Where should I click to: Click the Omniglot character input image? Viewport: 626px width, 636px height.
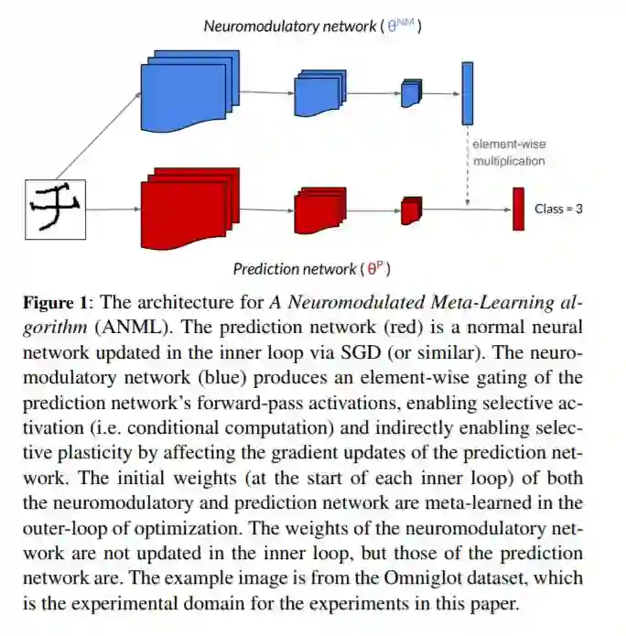click(x=55, y=209)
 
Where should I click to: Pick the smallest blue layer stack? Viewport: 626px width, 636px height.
click(x=411, y=93)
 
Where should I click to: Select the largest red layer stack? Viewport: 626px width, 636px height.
click(x=189, y=208)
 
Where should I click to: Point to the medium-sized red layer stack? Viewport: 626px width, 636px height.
click(x=318, y=210)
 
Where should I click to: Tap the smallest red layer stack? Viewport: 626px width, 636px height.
click(x=411, y=210)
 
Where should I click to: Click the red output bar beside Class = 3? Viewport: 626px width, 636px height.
click(x=517, y=209)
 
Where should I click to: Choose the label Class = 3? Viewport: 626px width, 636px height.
click(x=558, y=210)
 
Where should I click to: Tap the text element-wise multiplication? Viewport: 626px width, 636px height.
click(x=508, y=153)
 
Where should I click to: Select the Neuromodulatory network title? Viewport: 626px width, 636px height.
click(x=311, y=27)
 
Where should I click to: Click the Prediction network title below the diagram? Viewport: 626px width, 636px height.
click(x=311, y=269)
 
